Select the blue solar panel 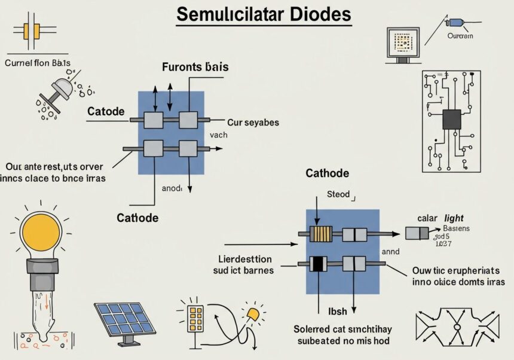pyautogui.click(x=125, y=320)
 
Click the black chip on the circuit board pyautogui.click(x=451, y=120)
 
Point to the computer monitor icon pyautogui.click(x=405, y=44)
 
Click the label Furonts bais pyautogui.click(x=195, y=67)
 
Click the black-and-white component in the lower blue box pyautogui.click(x=319, y=263)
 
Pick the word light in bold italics pyautogui.click(x=454, y=219)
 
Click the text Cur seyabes pyautogui.click(x=253, y=122)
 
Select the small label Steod pyautogui.click(x=338, y=194)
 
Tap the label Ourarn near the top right pyautogui.click(x=460, y=36)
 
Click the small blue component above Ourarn pyautogui.click(x=455, y=23)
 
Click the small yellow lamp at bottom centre pyautogui.click(x=253, y=313)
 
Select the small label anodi pyautogui.click(x=172, y=187)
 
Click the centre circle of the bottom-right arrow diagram pyautogui.click(x=457, y=327)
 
